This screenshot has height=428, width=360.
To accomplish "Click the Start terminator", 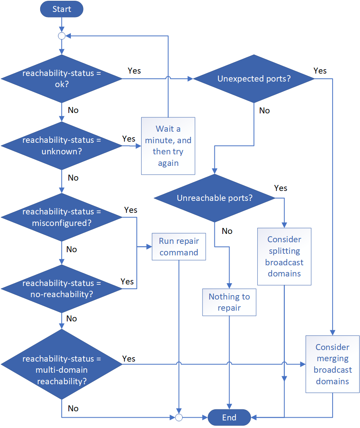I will point(62,9).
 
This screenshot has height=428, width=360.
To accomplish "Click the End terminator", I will point(229,418).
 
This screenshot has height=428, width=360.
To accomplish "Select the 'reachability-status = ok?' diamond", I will point(62,79).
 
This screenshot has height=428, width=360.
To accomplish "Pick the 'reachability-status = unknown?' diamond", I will point(62,146).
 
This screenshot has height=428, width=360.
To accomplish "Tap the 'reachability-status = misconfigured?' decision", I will point(62,217).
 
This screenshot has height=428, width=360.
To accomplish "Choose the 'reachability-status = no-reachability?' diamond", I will point(62,289).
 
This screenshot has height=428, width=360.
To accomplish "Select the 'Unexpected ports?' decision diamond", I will point(254,79).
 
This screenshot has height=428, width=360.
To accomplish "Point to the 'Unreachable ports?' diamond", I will point(214,198).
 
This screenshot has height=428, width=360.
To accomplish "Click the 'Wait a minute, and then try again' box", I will point(168,146).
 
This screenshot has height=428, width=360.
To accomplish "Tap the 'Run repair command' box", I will point(179,247).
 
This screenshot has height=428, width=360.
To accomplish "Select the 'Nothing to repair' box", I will point(229,302).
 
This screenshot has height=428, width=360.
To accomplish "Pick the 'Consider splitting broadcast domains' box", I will point(284,257).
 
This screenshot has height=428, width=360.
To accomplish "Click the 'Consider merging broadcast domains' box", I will point(333,364).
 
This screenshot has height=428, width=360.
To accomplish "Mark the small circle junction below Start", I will point(62,36).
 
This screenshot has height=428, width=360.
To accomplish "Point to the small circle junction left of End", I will point(179,418).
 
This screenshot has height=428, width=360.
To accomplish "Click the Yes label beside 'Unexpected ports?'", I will point(320,71).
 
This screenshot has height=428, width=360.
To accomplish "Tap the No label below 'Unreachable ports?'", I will point(227,231).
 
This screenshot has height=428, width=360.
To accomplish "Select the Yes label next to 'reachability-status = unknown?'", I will point(128,139).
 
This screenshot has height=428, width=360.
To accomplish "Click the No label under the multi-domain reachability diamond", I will point(73,409).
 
